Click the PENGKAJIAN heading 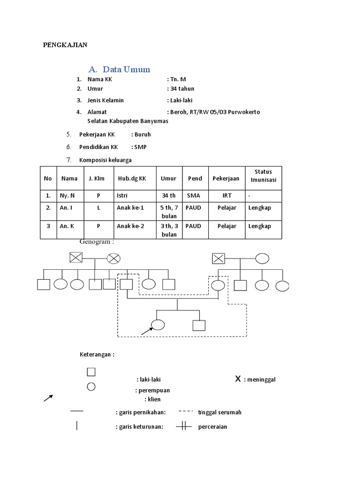tap(66, 45)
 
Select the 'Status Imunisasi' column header tap(263, 176)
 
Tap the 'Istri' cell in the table tap(122, 195)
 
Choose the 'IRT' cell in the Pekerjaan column tap(227, 195)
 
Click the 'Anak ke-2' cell tap(131, 226)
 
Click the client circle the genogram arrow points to tap(158, 325)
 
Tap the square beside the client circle tap(198, 325)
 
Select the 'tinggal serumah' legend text tap(220, 412)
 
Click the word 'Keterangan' tap(97, 354)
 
